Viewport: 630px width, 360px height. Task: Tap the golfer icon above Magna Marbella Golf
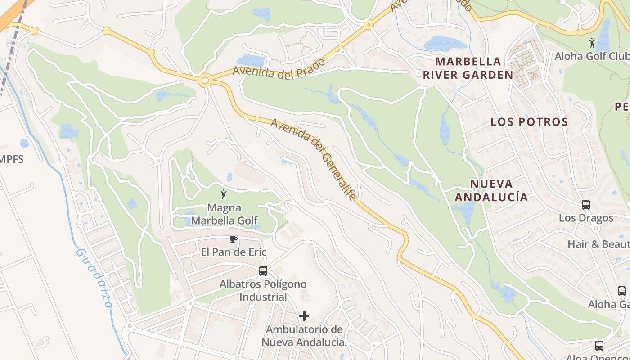(x=224, y=194)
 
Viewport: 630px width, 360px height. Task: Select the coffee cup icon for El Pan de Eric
(x=233, y=239)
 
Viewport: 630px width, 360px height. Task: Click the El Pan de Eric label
(x=234, y=252)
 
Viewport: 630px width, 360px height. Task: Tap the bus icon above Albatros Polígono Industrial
(x=263, y=271)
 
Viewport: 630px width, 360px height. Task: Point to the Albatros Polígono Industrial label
(x=263, y=291)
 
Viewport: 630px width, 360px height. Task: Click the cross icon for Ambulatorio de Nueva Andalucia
(x=304, y=316)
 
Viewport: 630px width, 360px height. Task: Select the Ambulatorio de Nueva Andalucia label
(x=304, y=336)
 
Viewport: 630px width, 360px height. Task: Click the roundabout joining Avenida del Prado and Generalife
(x=205, y=81)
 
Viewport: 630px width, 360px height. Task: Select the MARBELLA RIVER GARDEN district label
(x=468, y=68)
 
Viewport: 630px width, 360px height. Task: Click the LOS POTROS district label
(x=529, y=122)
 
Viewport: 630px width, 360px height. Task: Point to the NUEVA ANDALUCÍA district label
(x=491, y=190)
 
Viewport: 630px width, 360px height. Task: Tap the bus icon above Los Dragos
(x=586, y=205)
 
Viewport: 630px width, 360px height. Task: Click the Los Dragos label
(x=586, y=218)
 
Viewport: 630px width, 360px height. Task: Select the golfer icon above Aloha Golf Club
(x=592, y=43)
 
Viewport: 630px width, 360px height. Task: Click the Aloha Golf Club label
(x=592, y=56)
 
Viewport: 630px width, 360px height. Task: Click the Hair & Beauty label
(x=598, y=244)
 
